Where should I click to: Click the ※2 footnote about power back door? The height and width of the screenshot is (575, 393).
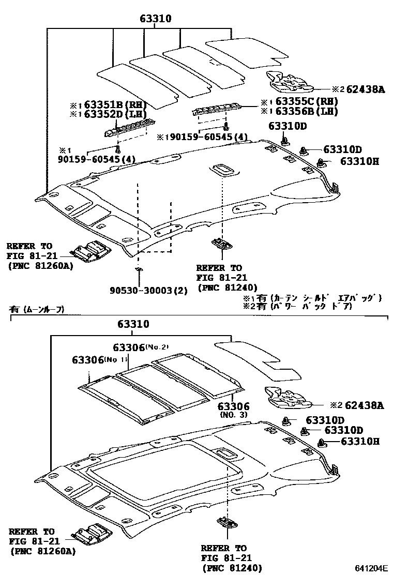coord(297,306)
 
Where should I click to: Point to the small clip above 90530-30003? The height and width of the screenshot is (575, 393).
coord(138,269)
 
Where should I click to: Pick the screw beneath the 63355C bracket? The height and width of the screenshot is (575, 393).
coord(226,127)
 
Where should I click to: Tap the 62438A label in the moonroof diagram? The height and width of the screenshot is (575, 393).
coord(362,406)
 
